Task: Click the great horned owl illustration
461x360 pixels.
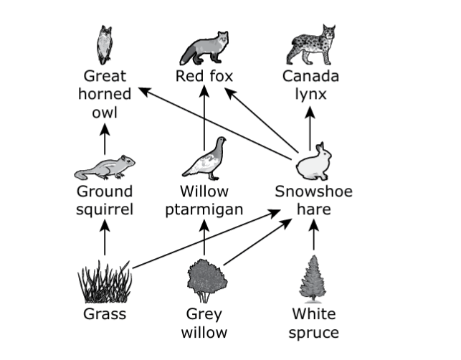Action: tap(105, 44)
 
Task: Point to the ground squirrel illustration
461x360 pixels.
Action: tap(105, 167)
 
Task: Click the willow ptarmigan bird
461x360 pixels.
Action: tap(204, 158)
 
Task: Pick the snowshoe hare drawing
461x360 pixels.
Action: tap(313, 161)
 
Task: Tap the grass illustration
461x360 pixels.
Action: tap(105, 281)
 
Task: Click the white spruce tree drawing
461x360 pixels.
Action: tap(313, 279)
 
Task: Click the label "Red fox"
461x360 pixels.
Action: tap(204, 76)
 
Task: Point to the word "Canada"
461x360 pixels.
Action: tap(310, 76)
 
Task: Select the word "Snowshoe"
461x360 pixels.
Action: tap(314, 191)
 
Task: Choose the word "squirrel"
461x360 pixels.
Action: tap(105, 210)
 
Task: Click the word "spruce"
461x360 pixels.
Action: tap(314, 333)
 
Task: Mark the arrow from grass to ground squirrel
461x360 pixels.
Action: tap(105, 237)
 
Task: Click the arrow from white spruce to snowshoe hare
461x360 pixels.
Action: tap(314, 235)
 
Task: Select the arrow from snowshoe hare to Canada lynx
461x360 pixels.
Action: tap(310, 128)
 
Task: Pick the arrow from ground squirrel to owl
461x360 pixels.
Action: tap(105, 139)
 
